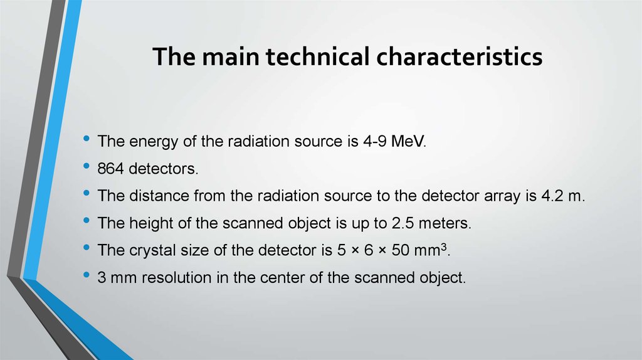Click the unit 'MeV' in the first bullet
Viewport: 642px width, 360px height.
(408, 142)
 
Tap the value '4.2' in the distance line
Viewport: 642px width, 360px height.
(552, 196)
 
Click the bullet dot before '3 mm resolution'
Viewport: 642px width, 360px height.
(86, 275)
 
